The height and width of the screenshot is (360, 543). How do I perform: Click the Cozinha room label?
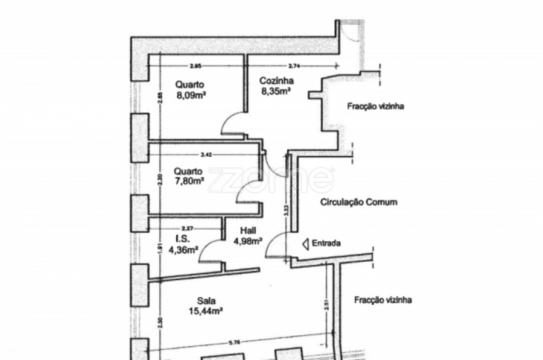pyautogui.click(x=276, y=81)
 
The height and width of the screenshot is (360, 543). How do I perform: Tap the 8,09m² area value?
pyautogui.click(x=191, y=95)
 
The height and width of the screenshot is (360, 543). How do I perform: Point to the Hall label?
pyautogui.click(x=248, y=230)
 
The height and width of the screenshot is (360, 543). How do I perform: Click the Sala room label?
pyautogui.click(x=206, y=302)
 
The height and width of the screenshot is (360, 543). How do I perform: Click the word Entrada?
pyautogui.click(x=326, y=244)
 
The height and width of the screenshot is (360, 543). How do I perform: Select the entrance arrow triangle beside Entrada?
pyautogui.click(x=306, y=244)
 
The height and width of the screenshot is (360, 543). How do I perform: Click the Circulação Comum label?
pyautogui.click(x=358, y=203)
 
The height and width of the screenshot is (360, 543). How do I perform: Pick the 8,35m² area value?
pyautogui.click(x=276, y=91)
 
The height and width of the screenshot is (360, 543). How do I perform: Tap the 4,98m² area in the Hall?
pyautogui.click(x=248, y=241)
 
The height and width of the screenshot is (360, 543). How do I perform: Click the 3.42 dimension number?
pyautogui.click(x=206, y=154)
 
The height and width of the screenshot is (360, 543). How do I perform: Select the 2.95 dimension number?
pyautogui.click(x=194, y=65)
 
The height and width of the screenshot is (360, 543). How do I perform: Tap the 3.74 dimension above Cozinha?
pyautogui.click(x=294, y=65)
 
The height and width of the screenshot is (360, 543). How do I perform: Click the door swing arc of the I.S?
pyautogui.click(x=209, y=248)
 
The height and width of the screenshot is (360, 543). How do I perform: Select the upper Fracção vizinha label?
pyautogui.click(x=375, y=107)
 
